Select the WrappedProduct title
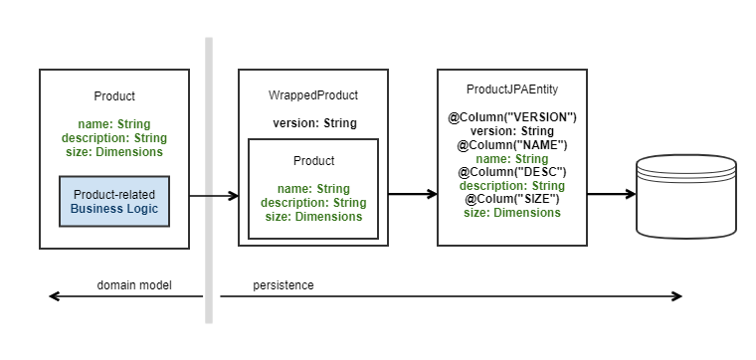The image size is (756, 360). click(313, 95)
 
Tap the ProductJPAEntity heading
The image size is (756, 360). click(511, 89)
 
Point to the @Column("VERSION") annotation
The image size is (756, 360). click(511, 117)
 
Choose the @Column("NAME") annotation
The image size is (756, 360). click(511, 145)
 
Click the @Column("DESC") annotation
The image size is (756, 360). click(511, 172)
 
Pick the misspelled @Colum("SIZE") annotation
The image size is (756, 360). click(511, 199)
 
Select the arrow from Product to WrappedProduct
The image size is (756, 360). click(213, 196)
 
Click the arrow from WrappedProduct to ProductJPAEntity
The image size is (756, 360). click(412, 194)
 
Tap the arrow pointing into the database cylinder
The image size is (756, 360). click(611, 194)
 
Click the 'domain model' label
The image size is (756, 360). click(134, 285)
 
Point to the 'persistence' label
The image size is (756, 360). click(283, 285)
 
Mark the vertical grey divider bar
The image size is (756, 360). click(209, 179)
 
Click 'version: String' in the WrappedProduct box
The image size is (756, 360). click(313, 124)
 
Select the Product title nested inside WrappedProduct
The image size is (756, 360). click(313, 160)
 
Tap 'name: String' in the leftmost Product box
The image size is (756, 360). click(114, 124)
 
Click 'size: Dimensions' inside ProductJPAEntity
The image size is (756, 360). click(511, 213)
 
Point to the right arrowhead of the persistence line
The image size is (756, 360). click(676, 296)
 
